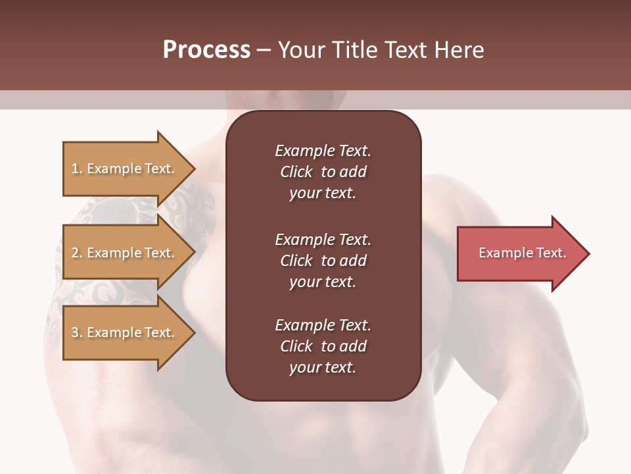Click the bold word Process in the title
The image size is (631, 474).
[x=206, y=50]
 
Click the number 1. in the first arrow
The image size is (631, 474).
[x=77, y=169]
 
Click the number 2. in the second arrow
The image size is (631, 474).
[x=77, y=253]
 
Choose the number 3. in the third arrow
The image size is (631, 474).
[x=77, y=332]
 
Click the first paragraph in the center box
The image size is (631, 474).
[x=323, y=172]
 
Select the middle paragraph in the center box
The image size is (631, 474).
[x=323, y=261]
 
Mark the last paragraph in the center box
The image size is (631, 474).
[x=323, y=346]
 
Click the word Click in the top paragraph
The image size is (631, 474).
[x=296, y=172]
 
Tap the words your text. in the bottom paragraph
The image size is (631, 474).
[x=323, y=368]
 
